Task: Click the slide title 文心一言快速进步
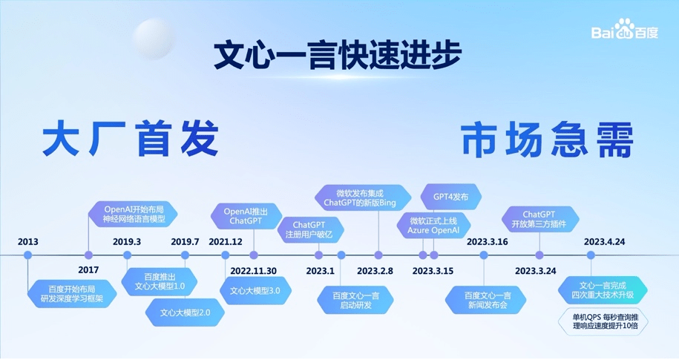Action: point(338,56)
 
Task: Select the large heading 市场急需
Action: point(547,139)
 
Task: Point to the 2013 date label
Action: point(28,242)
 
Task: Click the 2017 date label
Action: point(88,270)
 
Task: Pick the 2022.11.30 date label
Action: point(253,270)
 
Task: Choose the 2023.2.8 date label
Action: point(375,270)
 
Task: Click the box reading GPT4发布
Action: point(451,197)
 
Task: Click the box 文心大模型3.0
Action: point(255,290)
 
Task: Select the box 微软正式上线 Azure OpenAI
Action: point(433,226)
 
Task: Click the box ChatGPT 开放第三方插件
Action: point(540,219)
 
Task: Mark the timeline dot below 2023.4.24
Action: point(591,255)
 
